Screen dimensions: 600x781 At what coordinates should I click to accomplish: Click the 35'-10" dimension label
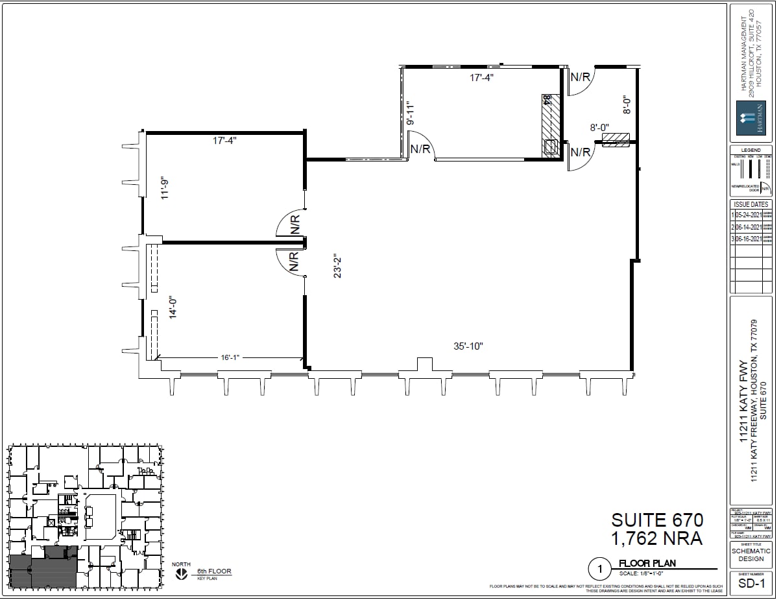click(468, 346)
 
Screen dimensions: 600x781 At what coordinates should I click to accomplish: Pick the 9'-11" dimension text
click(409, 113)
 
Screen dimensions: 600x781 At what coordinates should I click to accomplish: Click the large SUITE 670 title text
click(657, 520)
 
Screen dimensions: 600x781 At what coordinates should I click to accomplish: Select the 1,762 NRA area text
click(657, 538)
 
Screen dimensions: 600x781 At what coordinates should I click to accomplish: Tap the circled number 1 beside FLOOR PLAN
click(600, 570)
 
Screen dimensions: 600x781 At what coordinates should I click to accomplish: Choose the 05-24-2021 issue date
click(748, 215)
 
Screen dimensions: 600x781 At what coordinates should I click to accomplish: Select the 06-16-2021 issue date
click(748, 239)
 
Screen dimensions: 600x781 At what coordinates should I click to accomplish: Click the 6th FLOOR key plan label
click(214, 571)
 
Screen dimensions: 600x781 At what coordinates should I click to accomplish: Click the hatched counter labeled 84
click(550, 125)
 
